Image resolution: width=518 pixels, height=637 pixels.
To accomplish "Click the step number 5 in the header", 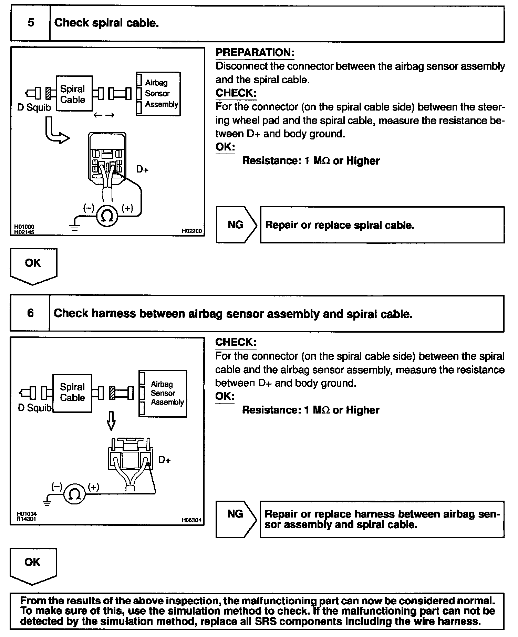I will (31, 23).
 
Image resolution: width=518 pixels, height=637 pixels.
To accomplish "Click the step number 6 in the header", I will (30, 313).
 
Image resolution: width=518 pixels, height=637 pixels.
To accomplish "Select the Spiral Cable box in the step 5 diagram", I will (74, 94).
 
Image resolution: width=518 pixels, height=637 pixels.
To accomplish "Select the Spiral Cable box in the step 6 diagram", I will (72, 393).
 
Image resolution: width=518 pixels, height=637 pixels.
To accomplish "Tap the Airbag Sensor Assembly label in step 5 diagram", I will (161, 93).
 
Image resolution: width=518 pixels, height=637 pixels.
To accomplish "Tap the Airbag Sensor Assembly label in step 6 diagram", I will (167, 393).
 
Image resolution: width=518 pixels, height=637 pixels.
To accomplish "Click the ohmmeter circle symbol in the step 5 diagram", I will (107, 216).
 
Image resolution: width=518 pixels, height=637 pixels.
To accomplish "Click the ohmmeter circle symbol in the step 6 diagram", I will (74, 494).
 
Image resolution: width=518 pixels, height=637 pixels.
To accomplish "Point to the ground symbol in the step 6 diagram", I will (47, 503).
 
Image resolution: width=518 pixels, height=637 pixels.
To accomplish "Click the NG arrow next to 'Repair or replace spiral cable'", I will (236, 225).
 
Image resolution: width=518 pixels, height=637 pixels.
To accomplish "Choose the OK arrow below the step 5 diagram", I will (33, 265).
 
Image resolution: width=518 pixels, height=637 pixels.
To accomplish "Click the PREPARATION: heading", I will (255, 53).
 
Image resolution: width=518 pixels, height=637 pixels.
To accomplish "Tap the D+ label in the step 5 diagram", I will (142, 169).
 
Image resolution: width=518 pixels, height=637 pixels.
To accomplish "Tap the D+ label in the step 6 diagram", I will (164, 460).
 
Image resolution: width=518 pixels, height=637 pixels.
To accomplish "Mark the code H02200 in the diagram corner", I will (192, 231).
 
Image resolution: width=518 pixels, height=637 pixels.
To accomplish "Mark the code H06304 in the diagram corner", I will (191, 520).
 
